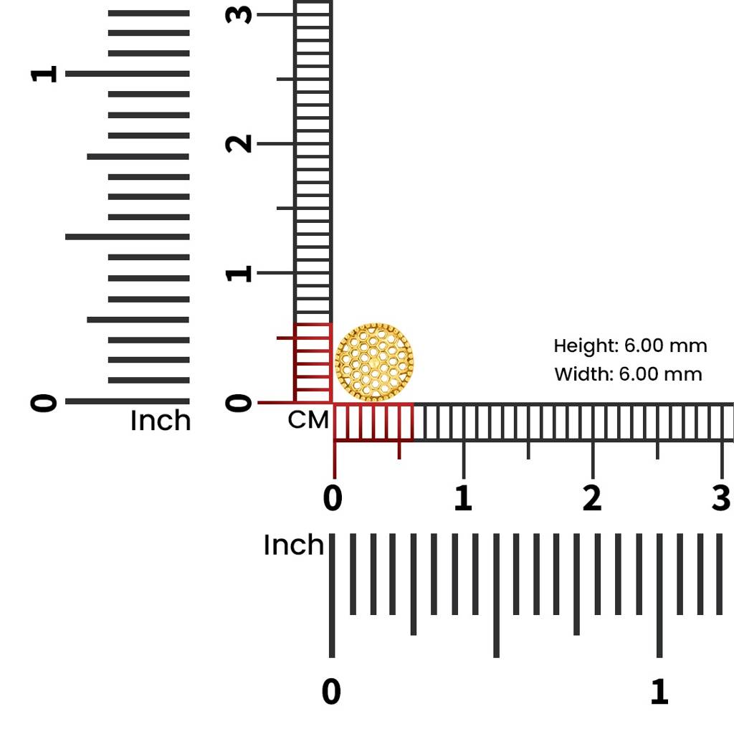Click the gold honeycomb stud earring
tap(374, 362)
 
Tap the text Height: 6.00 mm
tap(630, 346)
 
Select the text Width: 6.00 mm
tap(628, 374)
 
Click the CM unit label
tap(308, 420)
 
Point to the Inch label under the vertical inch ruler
tap(161, 420)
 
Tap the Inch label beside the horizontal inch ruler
tap(293, 545)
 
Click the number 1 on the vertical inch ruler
tap(44, 74)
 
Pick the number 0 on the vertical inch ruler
tap(44, 403)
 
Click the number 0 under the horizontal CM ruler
tap(333, 497)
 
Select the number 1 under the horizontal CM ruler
tap(463, 497)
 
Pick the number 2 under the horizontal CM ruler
tap(592, 497)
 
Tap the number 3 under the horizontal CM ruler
tap(721, 497)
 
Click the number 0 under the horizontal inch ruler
tap(331, 692)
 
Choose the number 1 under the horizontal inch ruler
tap(659, 692)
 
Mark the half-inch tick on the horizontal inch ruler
tap(496, 596)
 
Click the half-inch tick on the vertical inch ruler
tap(128, 237)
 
